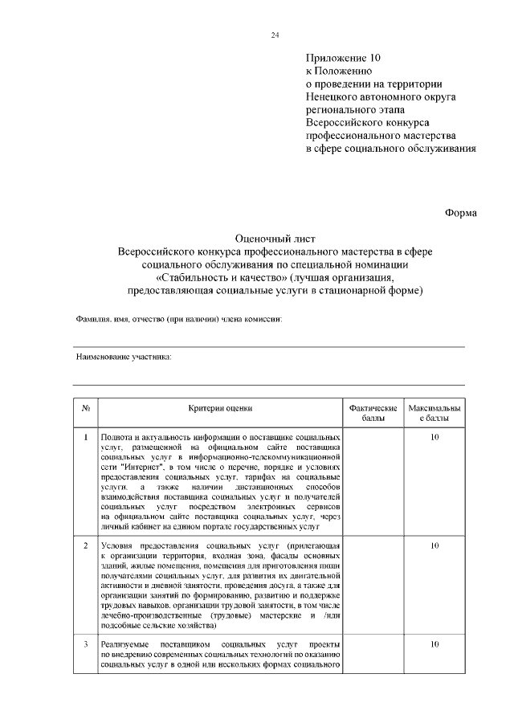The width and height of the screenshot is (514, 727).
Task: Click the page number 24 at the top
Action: click(274, 35)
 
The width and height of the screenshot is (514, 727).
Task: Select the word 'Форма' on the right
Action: click(461, 212)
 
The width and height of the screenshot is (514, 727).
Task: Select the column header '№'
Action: click(86, 408)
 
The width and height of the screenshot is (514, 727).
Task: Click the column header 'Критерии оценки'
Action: click(220, 408)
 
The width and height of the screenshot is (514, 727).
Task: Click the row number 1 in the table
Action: click(86, 437)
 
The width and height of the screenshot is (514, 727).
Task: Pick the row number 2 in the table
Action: click(86, 546)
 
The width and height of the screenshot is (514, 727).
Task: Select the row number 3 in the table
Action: click(86, 644)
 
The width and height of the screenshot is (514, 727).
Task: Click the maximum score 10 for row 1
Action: click(434, 437)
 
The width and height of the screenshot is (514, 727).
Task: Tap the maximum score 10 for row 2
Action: click(434, 546)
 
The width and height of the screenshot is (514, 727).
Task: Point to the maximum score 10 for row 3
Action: click(434, 644)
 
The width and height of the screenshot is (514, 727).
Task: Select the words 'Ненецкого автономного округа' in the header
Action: click(381, 96)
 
